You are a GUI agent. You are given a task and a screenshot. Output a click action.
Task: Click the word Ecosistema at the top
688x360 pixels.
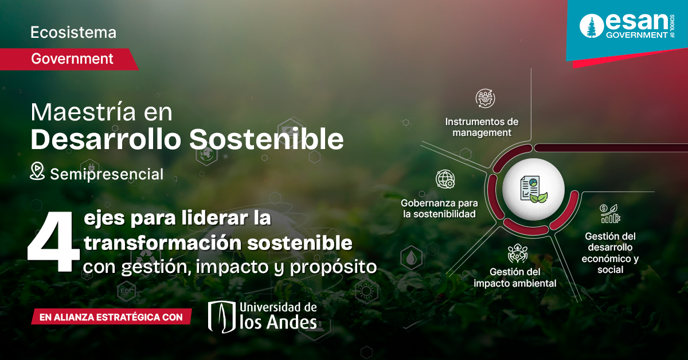(73, 33)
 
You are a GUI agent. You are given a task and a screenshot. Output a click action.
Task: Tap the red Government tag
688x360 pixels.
(72, 58)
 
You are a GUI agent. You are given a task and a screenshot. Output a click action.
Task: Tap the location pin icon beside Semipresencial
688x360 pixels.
(37, 171)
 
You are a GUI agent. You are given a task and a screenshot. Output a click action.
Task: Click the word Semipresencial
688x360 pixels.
(107, 174)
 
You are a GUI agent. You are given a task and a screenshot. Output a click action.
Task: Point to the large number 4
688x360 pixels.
(53, 242)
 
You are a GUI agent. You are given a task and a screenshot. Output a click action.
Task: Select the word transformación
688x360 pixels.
(162, 243)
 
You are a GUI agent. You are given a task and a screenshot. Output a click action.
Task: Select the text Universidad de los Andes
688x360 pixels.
(279, 315)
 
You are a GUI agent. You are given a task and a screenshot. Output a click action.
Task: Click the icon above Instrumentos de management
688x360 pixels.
(486, 99)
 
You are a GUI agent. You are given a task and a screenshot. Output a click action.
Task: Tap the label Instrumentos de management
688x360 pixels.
(482, 127)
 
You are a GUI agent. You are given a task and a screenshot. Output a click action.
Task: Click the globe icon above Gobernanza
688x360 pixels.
(445, 179)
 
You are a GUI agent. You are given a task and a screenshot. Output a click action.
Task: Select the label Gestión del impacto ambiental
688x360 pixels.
(514, 277)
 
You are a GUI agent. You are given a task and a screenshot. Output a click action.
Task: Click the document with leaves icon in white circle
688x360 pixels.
(533, 190)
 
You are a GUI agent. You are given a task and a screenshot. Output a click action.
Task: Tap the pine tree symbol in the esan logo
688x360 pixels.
(591, 27)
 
